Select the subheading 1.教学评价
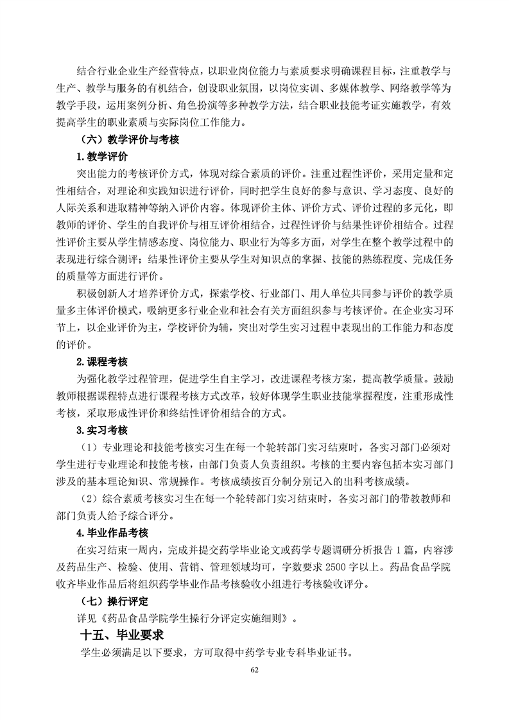pyautogui.click(x=103, y=157)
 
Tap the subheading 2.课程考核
pyautogui.click(x=103, y=362)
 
